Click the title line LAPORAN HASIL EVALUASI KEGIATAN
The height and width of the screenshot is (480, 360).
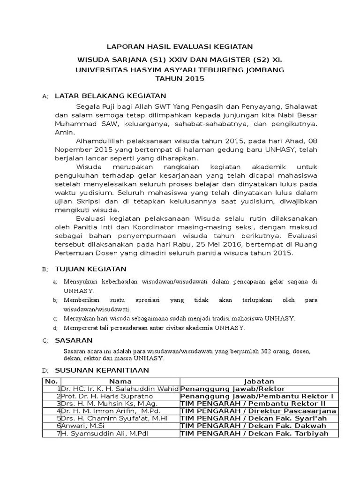coord(180,46)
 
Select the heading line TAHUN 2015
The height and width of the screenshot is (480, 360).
coord(180,79)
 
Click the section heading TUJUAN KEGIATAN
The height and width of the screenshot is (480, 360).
coord(90,269)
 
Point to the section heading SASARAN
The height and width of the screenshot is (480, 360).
coord(74,340)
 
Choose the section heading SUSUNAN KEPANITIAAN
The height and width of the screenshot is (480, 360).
coord(102,370)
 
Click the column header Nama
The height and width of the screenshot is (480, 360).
coord(120,381)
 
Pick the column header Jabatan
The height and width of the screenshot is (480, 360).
coord(259,381)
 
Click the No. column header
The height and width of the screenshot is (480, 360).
coord(51,381)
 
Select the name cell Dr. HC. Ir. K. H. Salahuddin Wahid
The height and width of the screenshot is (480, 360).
coord(120,389)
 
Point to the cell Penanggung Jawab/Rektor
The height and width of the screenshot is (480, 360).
coord(232,389)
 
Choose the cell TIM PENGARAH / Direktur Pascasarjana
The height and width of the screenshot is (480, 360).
coord(258,411)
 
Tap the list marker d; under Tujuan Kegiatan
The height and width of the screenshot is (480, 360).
coord(55,328)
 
